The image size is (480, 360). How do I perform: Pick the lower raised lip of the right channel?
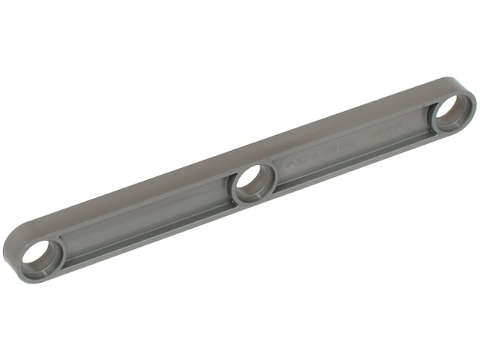[x=352, y=169]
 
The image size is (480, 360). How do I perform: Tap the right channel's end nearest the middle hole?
[x=282, y=175]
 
